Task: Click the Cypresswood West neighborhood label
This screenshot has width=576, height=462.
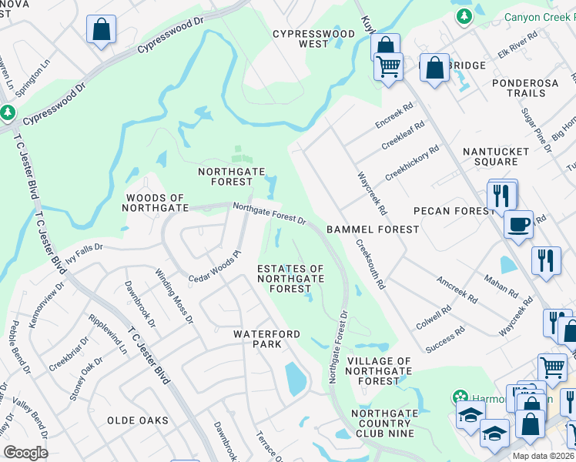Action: click(314, 38)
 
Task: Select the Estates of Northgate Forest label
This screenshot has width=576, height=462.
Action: click(290, 278)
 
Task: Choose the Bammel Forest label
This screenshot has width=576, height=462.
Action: click(373, 229)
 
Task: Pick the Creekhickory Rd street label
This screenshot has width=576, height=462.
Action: click(412, 162)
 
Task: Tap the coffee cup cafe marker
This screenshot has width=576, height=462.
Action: click(518, 223)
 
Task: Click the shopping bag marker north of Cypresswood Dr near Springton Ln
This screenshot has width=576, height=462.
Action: click(100, 30)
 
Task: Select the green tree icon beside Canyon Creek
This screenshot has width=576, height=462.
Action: click(464, 16)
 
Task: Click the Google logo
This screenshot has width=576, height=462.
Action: click(25, 453)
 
